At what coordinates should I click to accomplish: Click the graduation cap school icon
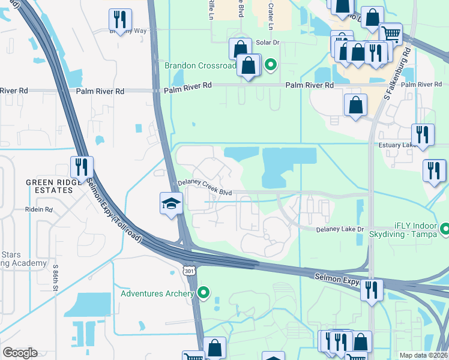(x=171, y=203)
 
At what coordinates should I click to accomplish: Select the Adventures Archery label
(x=157, y=293)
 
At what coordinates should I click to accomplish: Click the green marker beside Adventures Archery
(x=204, y=293)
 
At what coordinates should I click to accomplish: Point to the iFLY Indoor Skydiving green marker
(x=445, y=229)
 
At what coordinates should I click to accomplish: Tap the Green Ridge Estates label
(x=49, y=186)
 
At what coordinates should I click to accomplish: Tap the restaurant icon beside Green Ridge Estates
(x=81, y=167)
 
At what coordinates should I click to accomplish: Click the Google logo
(x=20, y=353)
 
